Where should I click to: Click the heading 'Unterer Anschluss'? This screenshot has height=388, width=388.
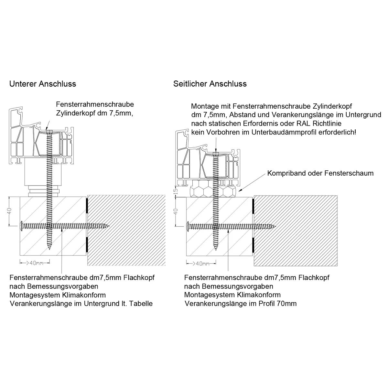43,84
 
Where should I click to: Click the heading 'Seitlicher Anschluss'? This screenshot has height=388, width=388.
210,84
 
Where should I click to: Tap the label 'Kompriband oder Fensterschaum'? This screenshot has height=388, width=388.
320,173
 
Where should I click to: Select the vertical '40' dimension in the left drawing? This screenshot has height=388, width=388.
10,211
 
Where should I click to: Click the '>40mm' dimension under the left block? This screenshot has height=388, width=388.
34,263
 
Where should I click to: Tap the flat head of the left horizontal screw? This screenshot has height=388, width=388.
21,226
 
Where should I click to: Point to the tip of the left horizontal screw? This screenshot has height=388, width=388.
110,226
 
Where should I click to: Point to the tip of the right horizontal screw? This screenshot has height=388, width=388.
275,226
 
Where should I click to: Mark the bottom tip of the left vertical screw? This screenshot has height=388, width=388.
49,249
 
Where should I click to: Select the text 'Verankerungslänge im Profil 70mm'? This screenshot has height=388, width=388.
241,304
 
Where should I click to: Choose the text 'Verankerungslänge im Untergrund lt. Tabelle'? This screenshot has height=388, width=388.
81,304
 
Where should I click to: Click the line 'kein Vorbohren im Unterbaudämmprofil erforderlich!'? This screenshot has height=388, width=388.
274,132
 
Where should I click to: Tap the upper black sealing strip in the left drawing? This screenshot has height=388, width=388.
87,206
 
